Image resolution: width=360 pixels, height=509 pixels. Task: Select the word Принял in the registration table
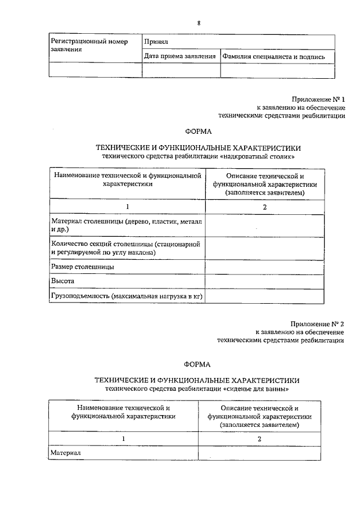coord(155,42)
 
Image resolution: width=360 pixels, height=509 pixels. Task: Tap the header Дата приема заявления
coord(180,56)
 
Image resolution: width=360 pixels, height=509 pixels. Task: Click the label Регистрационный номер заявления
coord(89,46)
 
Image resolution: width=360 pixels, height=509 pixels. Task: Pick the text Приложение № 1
coord(318,98)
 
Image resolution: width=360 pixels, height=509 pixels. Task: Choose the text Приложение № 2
coord(318,323)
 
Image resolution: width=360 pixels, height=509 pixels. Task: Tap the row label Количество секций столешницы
coord(126,249)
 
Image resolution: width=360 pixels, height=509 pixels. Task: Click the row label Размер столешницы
coord(83,267)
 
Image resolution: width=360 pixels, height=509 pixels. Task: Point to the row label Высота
coord(62,281)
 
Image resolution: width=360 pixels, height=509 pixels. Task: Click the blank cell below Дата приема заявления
coord(181,70)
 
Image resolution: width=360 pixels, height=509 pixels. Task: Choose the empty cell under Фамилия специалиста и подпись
coord(277,70)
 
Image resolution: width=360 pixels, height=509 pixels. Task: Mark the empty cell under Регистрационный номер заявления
coord(95,70)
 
